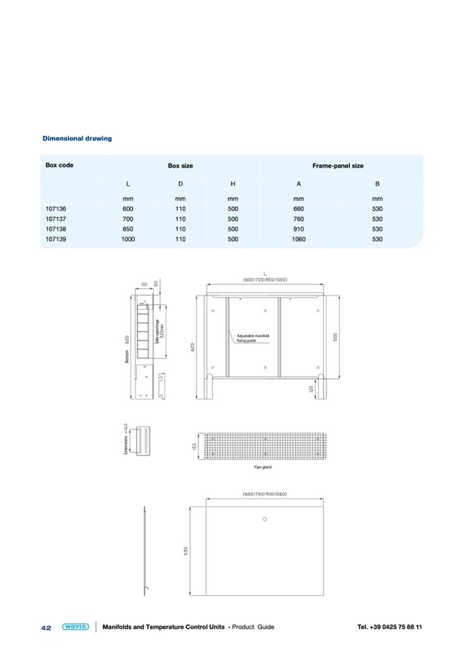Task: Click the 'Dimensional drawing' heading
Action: [77, 138]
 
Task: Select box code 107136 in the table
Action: [56, 208]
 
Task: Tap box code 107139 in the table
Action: [56, 239]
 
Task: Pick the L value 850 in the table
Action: [128, 229]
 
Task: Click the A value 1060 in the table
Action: [299, 239]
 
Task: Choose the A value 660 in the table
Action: [299, 208]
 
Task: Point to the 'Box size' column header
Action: [180, 166]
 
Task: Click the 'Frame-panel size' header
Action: [337, 166]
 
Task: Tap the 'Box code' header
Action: [59, 165]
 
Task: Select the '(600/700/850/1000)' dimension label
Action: [265, 280]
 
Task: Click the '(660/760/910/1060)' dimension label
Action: [265, 494]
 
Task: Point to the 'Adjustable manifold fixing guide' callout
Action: [253, 338]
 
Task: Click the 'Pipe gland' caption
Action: [263, 467]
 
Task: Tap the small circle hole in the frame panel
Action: [265, 519]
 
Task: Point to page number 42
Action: [46, 627]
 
